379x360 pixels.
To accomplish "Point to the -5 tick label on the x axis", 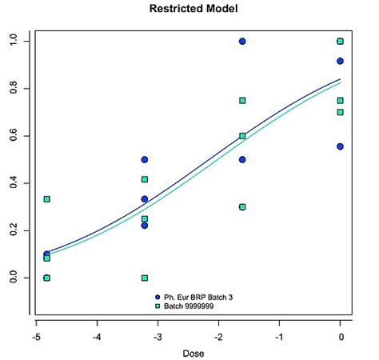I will pos(36,337).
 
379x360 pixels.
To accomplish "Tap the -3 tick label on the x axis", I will pos(158,337).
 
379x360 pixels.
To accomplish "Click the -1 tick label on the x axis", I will pos(279,337).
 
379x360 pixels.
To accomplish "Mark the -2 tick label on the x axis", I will pos(218,337).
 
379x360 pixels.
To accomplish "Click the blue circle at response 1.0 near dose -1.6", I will pos(242,41).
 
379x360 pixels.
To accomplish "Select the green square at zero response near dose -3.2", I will pos(145,278).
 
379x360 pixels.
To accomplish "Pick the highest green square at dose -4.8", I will pos(47,199).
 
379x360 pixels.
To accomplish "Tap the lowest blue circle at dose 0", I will pos(341,146).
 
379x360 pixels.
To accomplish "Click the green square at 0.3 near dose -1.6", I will pos(242,206).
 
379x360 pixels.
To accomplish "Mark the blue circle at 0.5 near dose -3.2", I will pos(145,159).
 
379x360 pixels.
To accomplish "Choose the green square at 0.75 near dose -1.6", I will pos(242,100).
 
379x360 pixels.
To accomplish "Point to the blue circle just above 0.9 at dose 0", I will pos(341,61).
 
